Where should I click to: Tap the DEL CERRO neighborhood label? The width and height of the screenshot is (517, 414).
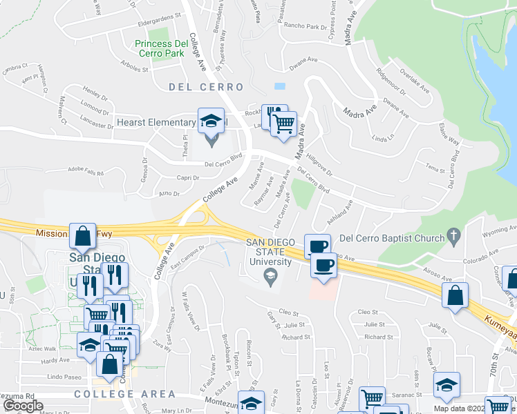206,87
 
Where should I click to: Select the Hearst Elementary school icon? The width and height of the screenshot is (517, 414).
211,121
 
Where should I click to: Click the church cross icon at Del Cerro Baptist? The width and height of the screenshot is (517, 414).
453,237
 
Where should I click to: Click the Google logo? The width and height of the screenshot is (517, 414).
23,406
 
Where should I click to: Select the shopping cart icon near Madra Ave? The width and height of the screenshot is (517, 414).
283,124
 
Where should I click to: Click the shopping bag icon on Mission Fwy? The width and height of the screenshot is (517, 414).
83,236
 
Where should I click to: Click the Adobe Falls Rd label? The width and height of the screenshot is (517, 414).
86,172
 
